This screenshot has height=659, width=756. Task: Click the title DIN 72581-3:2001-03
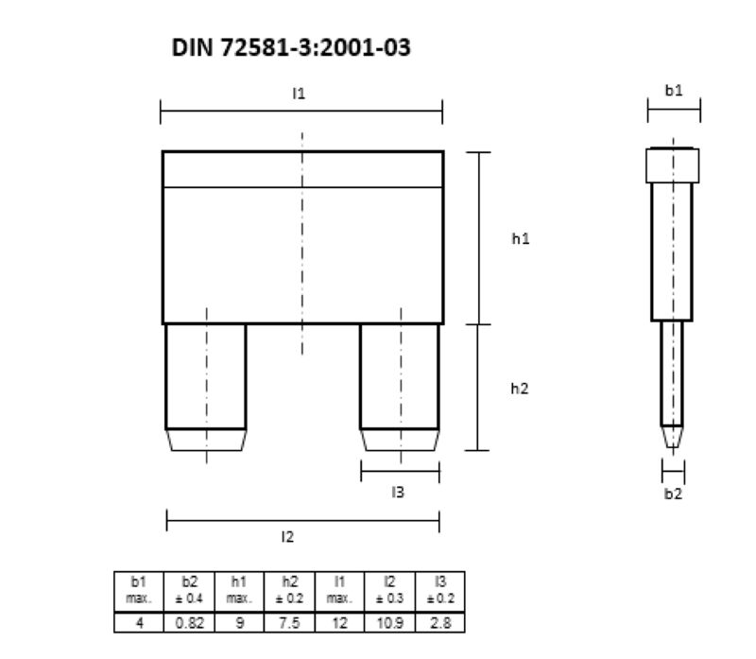(x=291, y=47)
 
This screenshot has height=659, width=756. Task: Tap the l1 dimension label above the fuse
(x=299, y=94)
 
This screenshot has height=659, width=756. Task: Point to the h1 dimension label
(x=520, y=239)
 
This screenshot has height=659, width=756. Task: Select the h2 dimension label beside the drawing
(x=520, y=389)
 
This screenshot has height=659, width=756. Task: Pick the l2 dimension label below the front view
(x=287, y=537)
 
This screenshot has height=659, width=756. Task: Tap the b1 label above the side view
(x=673, y=91)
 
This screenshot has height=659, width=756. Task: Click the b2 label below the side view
(x=672, y=494)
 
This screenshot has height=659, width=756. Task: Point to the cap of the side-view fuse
(x=673, y=165)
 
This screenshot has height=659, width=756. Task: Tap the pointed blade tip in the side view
(x=672, y=438)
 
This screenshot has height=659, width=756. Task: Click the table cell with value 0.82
(x=190, y=623)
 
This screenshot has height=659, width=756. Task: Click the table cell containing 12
(x=340, y=623)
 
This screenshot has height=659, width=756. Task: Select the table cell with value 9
(x=240, y=623)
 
